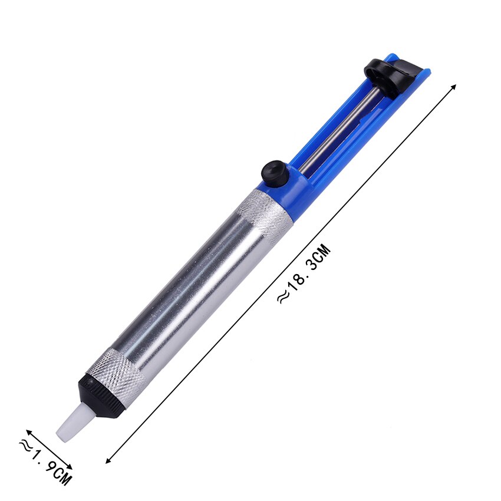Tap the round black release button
coord(275,172)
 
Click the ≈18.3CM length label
coord(304,275)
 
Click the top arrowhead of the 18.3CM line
coord(454,87)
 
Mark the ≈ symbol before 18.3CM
coord(283,298)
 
